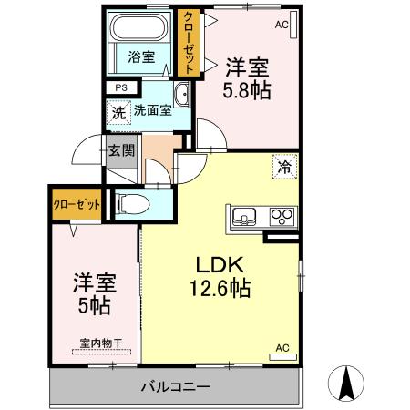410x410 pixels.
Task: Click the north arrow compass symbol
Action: point(349,382)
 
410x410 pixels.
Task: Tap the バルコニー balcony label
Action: point(175,387)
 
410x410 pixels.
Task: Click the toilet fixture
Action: point(128,204)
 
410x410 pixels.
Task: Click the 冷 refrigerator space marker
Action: point(283,167)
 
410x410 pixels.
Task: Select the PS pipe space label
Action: point(118,88)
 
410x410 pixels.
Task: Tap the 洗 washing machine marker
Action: point(119,113)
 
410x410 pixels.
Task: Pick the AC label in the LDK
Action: point(282,347)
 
